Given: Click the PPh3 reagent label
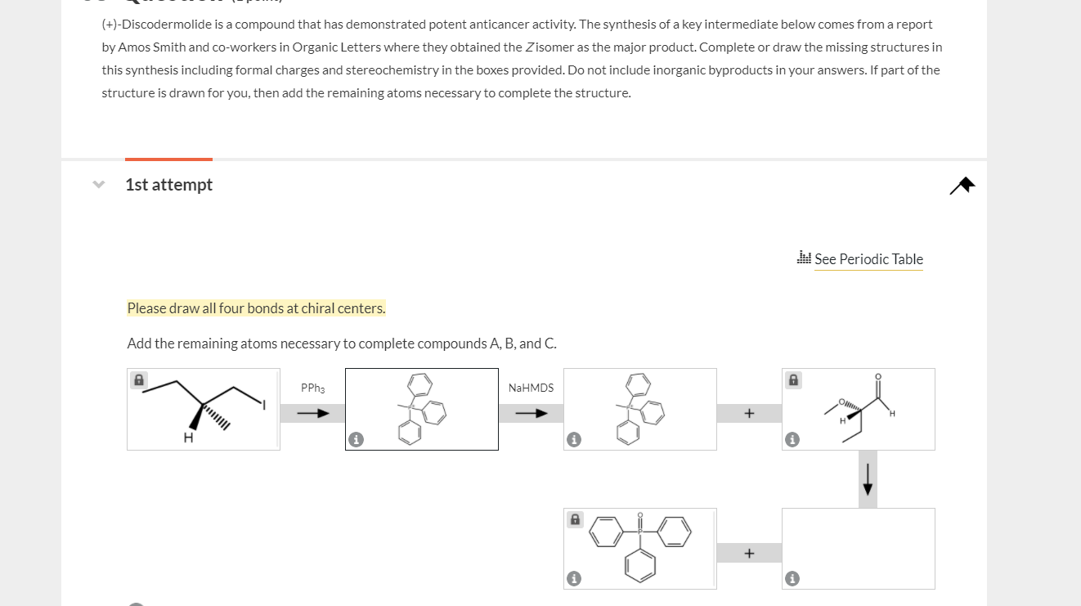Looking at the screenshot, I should click(312, 388).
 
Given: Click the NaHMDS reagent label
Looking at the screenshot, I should click(531, 388).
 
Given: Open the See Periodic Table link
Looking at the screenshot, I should click(868, 259).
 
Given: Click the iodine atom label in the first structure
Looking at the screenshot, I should click(264, 403).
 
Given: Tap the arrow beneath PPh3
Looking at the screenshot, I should click(312, 414).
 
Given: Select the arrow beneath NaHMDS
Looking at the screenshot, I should click(531, 414).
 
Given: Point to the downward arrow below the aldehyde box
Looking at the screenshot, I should click(868, 483).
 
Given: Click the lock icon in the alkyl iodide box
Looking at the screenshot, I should click(139, 380).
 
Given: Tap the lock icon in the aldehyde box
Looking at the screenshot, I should click(793, 380).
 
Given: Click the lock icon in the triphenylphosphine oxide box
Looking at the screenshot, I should click(575, 519).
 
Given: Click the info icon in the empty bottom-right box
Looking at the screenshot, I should click(792, 579).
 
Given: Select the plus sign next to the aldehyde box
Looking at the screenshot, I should click(749, 414).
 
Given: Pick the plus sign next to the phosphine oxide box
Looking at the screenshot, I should click(749, 554).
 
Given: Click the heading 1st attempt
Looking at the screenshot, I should click(168, 185).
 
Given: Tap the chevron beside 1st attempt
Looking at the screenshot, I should click(99, 185).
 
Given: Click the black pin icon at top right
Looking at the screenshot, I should click(962, 186).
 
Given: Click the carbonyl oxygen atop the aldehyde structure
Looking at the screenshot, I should click(878, 377).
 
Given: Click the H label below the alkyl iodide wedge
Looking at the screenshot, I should click(187, 438).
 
